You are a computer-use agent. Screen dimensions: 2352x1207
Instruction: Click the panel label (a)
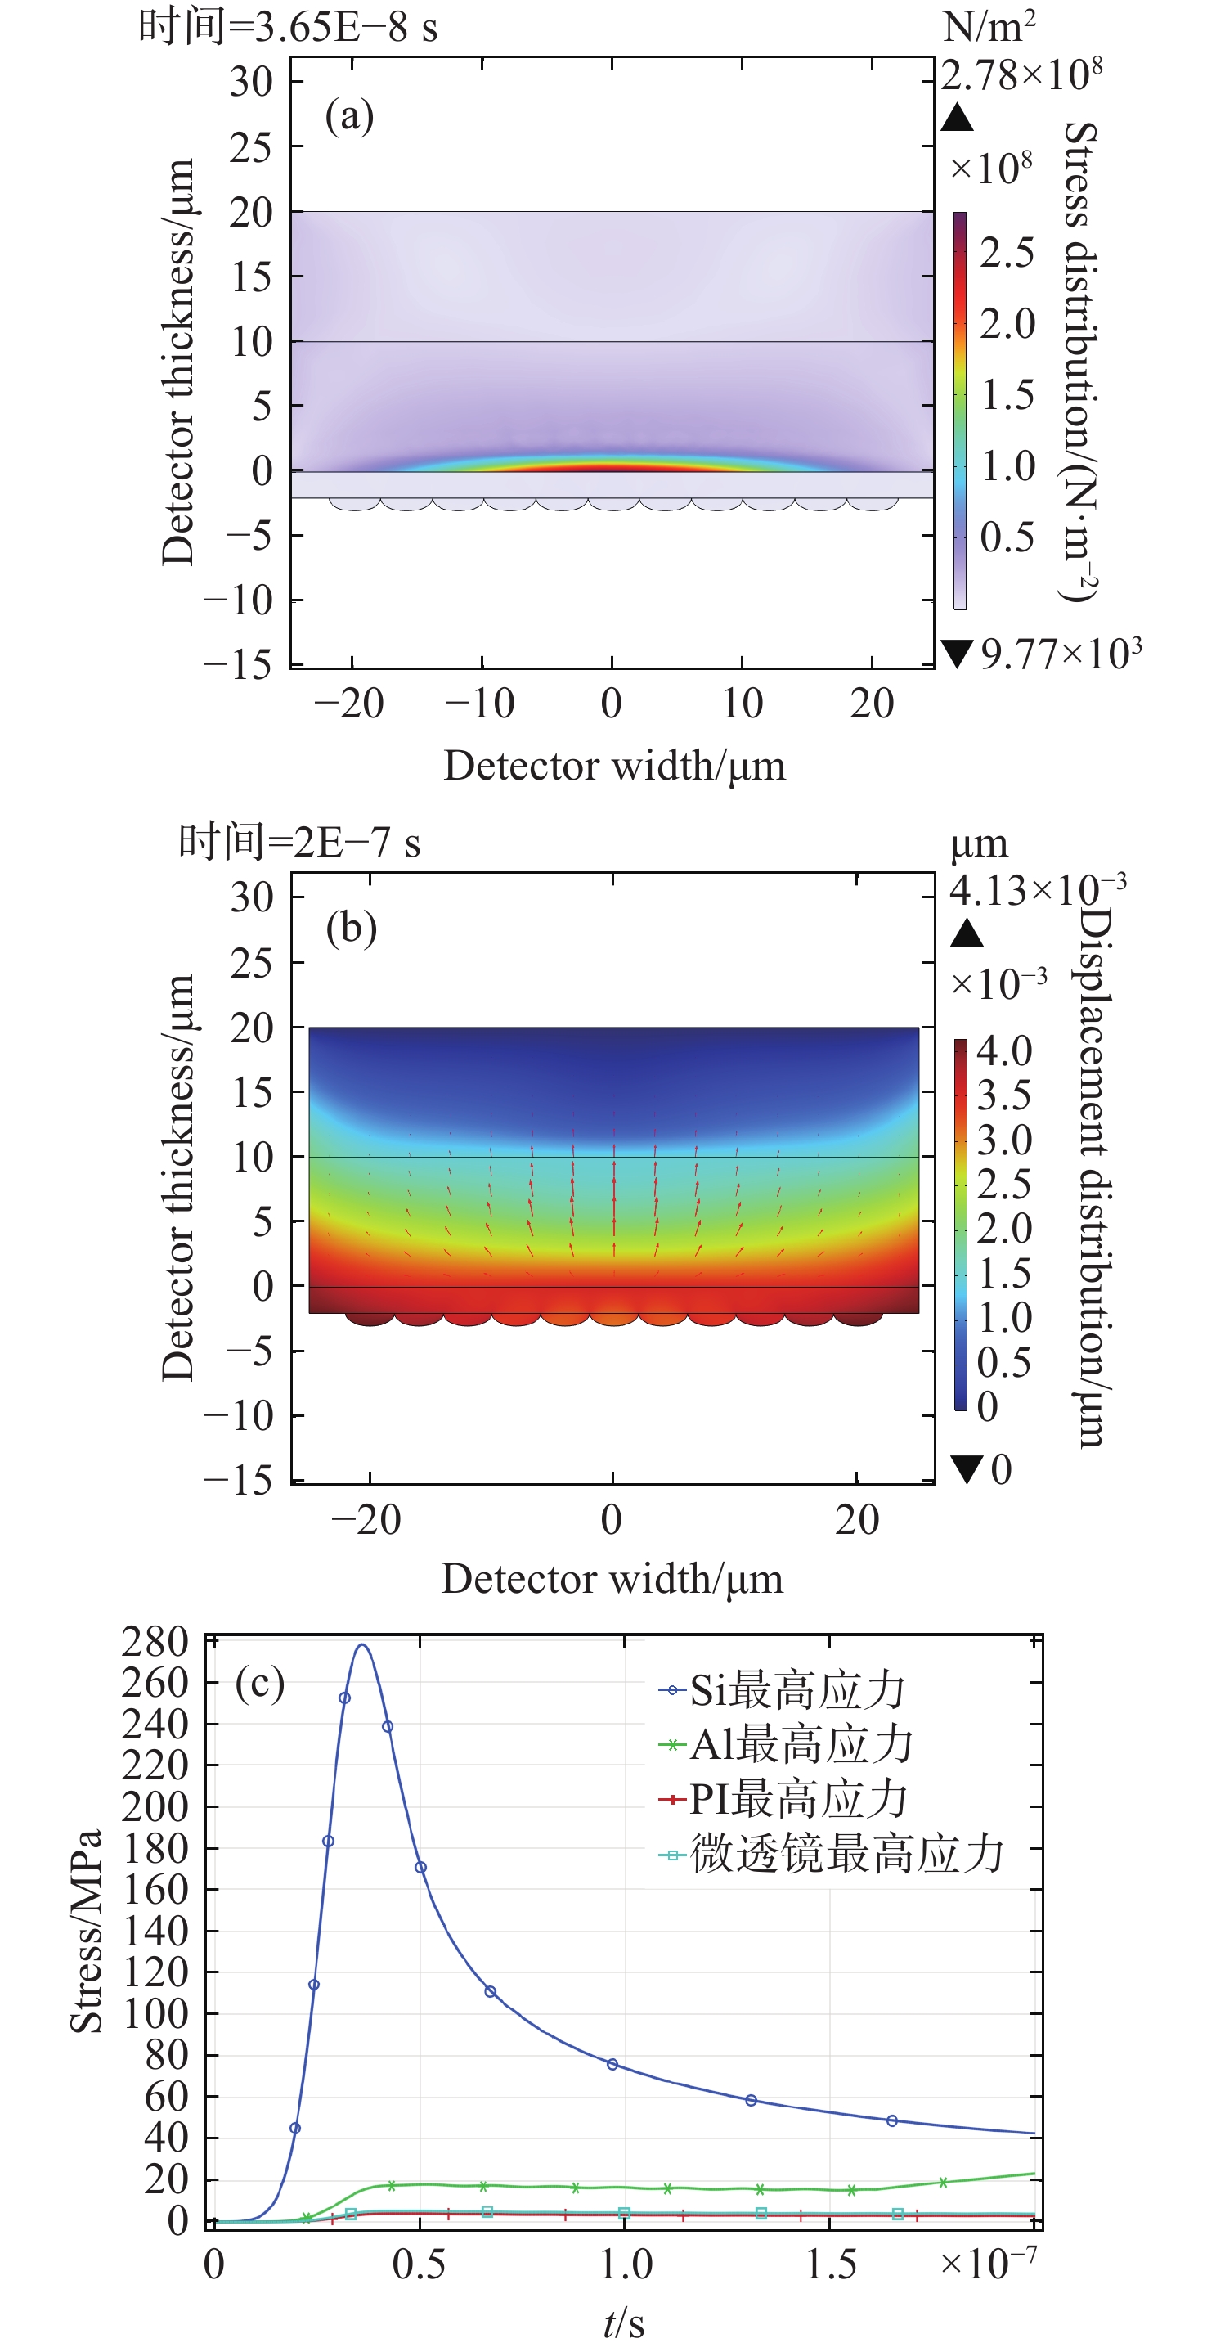coord(350,116)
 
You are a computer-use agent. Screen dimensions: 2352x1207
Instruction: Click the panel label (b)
coord(352,929)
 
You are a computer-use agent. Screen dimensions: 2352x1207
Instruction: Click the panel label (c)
coord(260,1682)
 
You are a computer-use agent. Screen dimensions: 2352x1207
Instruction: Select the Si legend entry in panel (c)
coord(782,1690)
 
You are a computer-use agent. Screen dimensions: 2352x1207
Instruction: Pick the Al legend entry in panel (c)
coord(786,1744)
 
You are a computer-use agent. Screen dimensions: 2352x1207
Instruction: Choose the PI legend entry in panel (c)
coord(783,1799)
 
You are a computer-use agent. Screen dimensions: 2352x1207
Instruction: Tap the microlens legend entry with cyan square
coord(831,1854)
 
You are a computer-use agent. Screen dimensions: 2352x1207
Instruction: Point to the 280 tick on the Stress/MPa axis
coord(155,1642)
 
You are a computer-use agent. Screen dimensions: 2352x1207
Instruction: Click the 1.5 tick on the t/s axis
coord(830,2264)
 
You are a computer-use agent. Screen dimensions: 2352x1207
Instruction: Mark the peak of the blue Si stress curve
coord(362,1645)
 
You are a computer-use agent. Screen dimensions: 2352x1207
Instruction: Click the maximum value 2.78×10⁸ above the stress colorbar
coord(1021,74)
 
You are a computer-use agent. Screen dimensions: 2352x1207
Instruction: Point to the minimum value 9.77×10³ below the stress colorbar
coord(1059,654)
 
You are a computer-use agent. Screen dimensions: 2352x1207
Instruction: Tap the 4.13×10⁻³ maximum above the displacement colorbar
coord(1037,889)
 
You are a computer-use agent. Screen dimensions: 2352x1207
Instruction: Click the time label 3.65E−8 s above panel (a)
coord(289,26)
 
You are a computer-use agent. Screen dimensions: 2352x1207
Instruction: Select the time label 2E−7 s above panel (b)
coord(299,841)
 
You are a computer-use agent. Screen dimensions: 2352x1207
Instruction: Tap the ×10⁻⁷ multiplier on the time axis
coord(988,2263)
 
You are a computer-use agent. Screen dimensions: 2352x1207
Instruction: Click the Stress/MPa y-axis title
coord(86,1930)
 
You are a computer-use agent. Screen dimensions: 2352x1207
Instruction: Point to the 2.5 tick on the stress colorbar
coord(1007,252)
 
